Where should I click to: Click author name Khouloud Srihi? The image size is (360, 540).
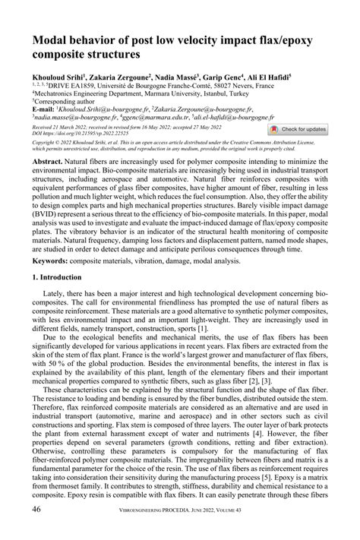[57, 77]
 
